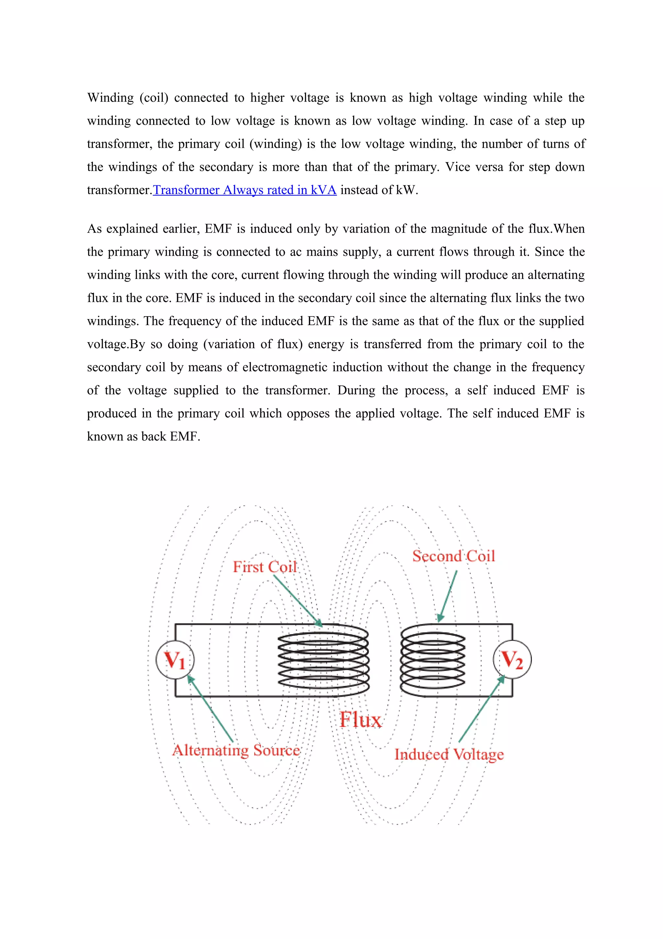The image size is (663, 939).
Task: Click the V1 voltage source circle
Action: [x=175, y=659]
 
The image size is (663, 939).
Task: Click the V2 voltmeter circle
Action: [x=512, y=659]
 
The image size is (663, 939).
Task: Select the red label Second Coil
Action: [x=454, y=556]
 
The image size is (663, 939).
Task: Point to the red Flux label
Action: [x=361, y=719]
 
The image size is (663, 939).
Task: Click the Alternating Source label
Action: [x=236, y=750]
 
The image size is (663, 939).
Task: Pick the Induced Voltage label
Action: [x=449, y=754]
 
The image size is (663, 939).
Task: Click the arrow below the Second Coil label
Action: [x=447, y=596]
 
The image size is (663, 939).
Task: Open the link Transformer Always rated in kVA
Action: [x=245, y=190]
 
